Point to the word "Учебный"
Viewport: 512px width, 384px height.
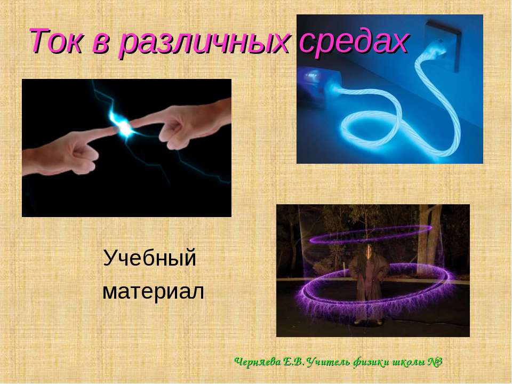(150, 259)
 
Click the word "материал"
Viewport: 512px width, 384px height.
(153, 292)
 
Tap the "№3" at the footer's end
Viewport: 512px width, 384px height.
(434, 362)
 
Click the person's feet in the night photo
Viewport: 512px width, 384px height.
(368, 321)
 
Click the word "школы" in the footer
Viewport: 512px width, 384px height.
(403, 362)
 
